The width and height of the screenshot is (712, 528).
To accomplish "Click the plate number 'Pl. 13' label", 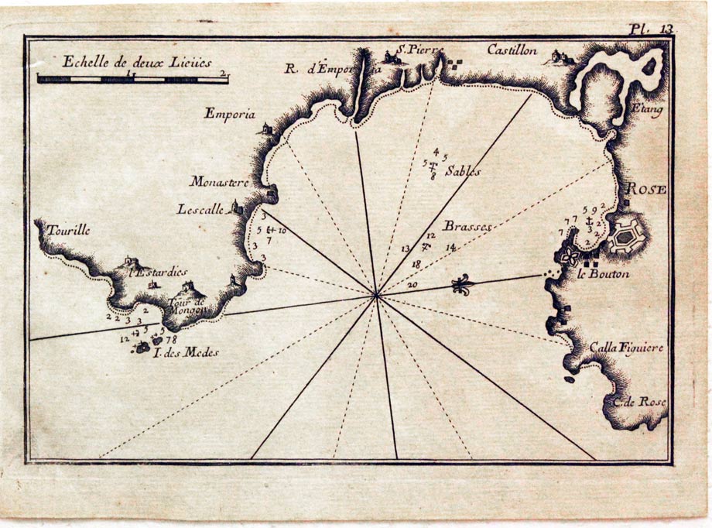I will click(652, 29).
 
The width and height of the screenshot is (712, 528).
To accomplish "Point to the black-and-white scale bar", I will click(132, 78).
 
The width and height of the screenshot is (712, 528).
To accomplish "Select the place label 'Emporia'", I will click(229, 114).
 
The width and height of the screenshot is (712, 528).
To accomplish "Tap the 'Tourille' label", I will click(68, 230).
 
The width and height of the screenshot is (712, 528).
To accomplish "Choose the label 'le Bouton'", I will click(604, 273).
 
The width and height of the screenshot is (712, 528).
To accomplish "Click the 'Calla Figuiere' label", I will click(627, 348).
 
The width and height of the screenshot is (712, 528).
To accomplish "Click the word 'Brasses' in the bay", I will click(468, 226).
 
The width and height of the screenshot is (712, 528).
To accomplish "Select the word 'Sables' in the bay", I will click(463, 171).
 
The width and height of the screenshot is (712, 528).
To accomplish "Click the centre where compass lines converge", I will click(377, 295).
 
